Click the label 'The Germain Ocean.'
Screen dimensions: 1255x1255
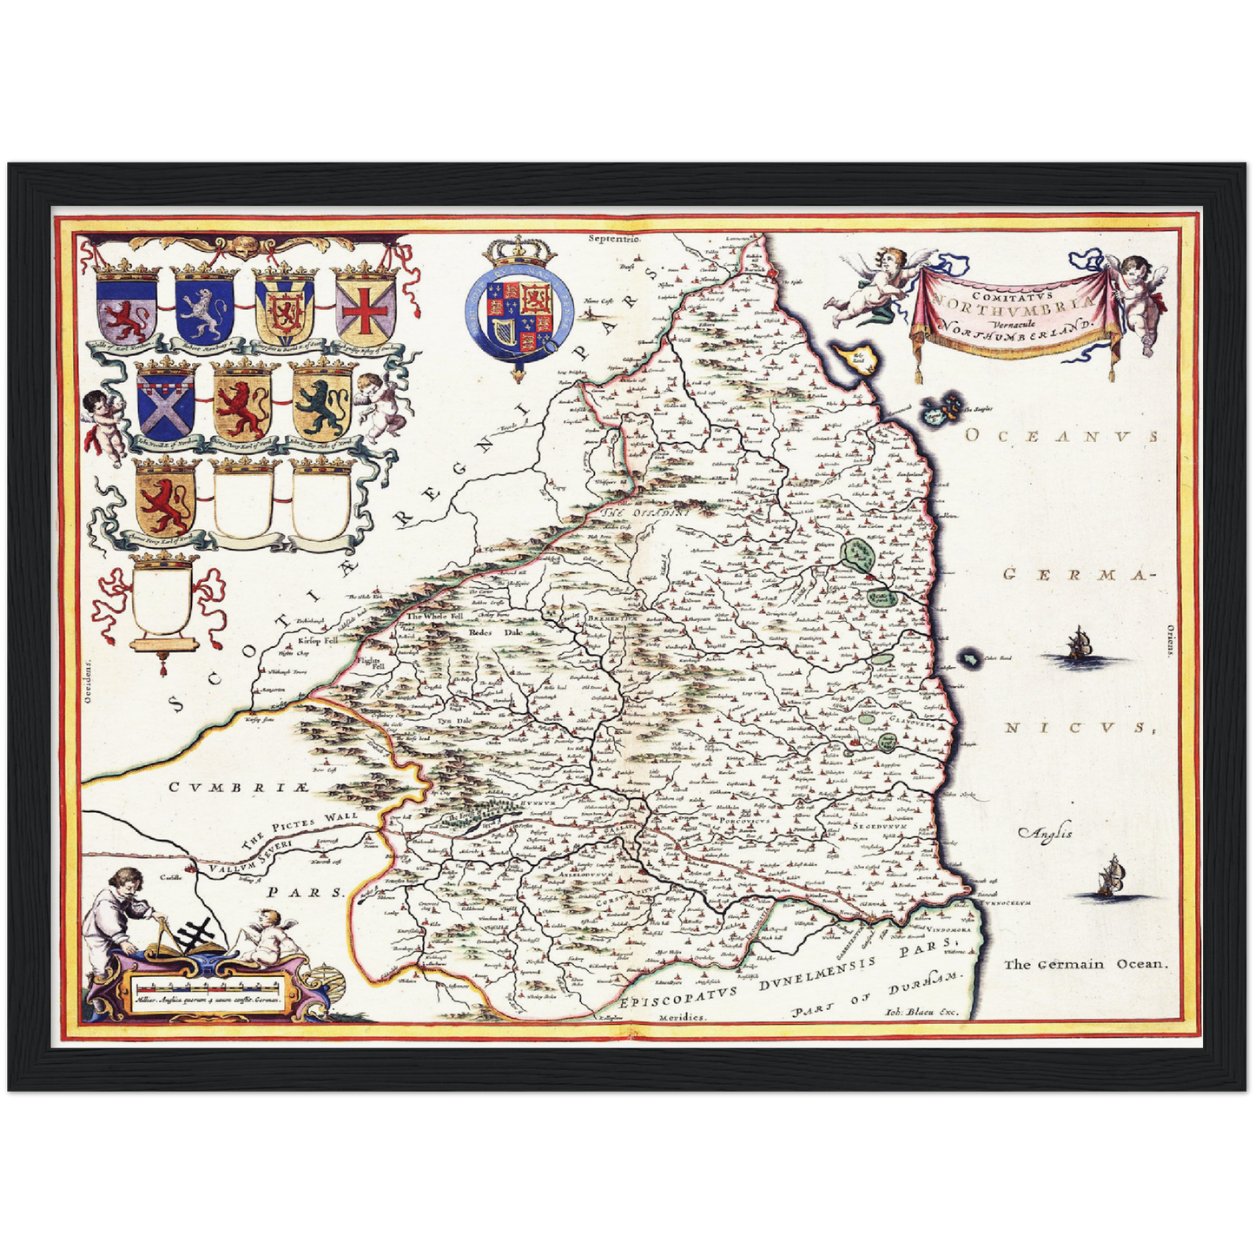click(x=1087, y=964)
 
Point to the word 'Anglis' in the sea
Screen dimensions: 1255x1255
click(x=1046, y=832)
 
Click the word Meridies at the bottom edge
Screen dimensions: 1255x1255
click(x=683, y=1016)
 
